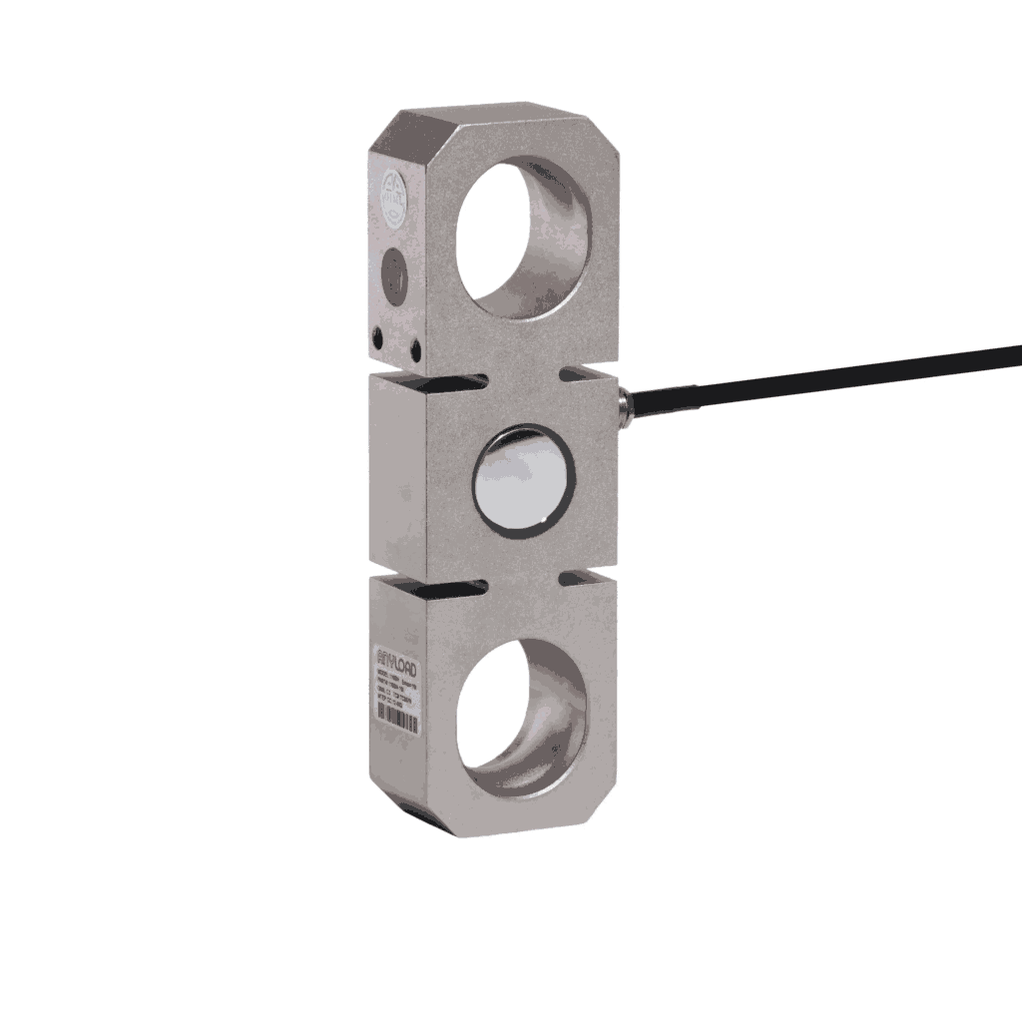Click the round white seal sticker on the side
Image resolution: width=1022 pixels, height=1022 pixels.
click(x=392, y=190)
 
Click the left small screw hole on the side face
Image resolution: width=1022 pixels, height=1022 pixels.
click(x=378, y=336)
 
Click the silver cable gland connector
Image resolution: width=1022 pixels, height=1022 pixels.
click(x=625, y=402)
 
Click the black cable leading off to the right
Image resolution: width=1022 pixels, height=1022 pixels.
click(x=828, y=375)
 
